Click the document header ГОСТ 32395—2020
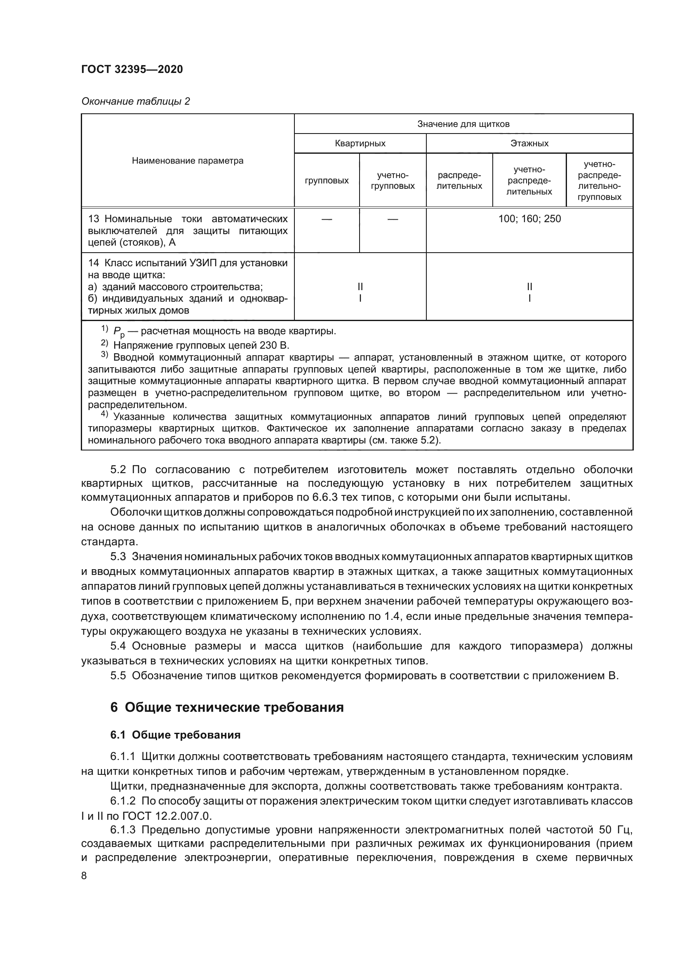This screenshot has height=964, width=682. coord(132,69)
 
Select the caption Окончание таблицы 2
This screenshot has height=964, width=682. coord(135,101)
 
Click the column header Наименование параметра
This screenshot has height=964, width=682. coord(187,161)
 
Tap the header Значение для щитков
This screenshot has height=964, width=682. coord(463,124)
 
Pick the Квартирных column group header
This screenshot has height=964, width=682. coord(360,143)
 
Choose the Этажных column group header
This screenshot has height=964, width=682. coord(529,143)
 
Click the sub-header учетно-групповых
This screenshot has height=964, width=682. coord(392,181)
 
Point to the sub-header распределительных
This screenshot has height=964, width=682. coord(459,181)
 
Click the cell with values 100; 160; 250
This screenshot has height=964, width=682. coord(529,219)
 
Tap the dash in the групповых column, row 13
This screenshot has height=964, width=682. coord(326,219)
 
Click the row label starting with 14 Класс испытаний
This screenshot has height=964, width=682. coord(187,263)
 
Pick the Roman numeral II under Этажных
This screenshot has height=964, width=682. coord(529,287)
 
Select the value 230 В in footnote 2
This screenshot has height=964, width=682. coord(275,345)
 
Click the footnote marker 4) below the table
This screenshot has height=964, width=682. coord(105,415)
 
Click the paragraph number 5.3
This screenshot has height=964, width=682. coord(118,557)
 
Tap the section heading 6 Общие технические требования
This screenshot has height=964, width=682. coord(227,707)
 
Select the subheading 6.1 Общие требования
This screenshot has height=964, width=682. coord(175,735)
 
